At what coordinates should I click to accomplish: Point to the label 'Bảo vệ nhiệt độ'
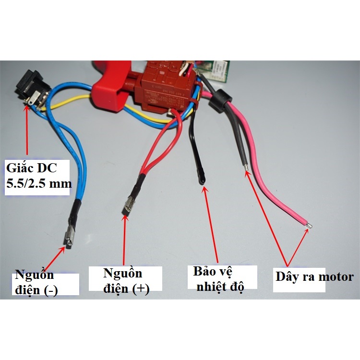coord(218,279)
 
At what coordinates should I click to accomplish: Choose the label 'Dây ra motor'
coord(314,277)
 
